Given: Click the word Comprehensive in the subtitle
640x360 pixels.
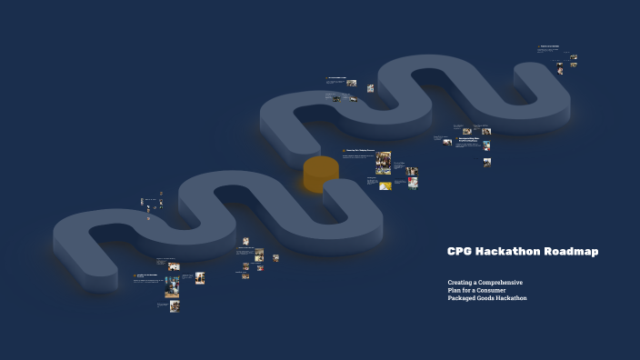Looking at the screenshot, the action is (x=501, y=282).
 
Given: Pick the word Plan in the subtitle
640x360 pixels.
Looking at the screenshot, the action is (x=455, y=290).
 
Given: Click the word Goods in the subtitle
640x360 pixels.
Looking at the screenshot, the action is (x=491, y=298).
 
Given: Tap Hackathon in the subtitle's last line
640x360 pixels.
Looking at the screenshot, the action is (x=515, y=298).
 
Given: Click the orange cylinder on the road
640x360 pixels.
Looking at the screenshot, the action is (x=321, y=174).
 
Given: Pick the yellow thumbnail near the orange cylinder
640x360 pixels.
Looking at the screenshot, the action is (x=385, y=186).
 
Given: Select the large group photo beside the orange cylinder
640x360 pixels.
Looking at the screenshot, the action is (x=384, y=163).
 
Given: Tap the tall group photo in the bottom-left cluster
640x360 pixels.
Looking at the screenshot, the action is (x=172, y=287).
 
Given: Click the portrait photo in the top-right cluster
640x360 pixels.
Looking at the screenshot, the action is (x=560, y=69).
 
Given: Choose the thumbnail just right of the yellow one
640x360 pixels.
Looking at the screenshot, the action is (x=413, y=184).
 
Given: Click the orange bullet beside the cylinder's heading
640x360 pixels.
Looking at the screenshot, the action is (x=344, y=151).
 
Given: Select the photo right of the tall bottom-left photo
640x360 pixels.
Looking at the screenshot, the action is (x=199, y=278).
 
